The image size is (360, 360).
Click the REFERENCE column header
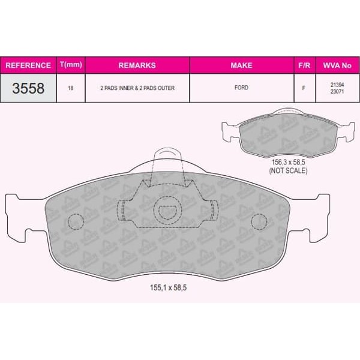[x=28, y=65]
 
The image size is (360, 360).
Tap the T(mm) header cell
[x=71, y=65]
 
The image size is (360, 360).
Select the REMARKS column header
[x=137, y=65]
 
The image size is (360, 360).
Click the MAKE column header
[x=242, y=65]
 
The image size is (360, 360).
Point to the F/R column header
[x=304, y=65]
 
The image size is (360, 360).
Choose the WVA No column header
[x=337, y=65]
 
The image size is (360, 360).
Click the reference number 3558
[x=28, y=88]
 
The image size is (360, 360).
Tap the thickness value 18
[x=71, y=88]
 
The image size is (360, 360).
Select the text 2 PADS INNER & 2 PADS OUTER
[x=137, y=88]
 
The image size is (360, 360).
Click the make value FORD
[x=241, y=88]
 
